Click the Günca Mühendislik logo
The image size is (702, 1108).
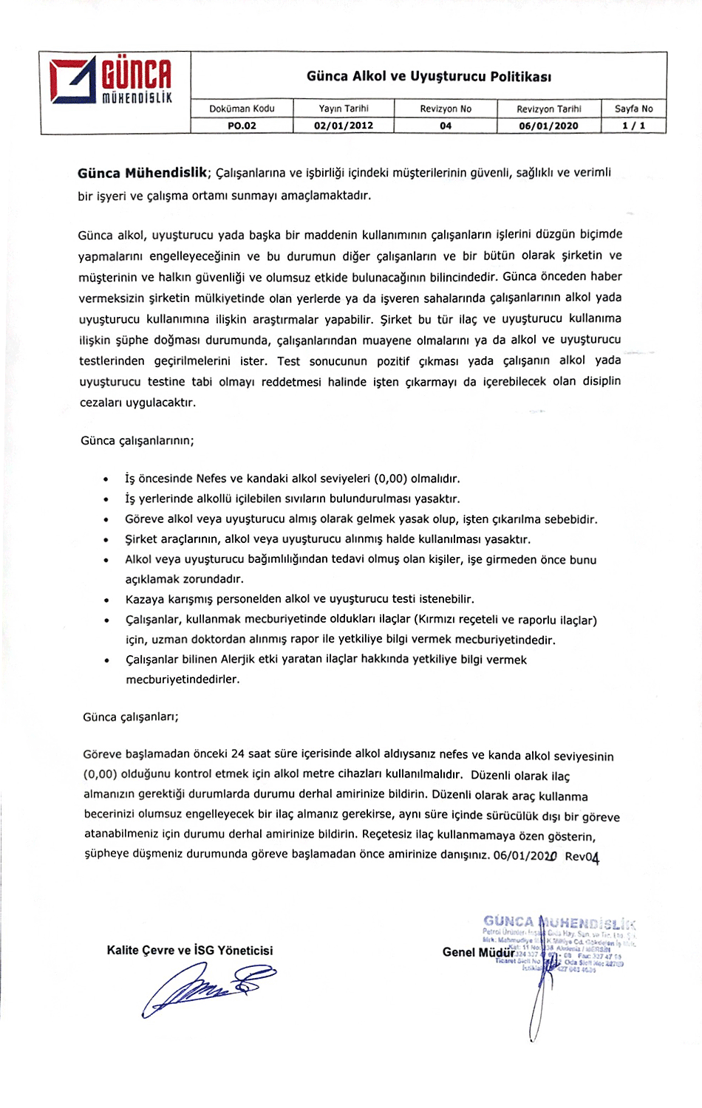[x=111, y=81]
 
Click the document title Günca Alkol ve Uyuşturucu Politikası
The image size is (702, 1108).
[x=429, y=76]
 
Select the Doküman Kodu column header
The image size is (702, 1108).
[x=242, y=109]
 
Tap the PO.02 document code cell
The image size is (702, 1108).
[x=242, y=126]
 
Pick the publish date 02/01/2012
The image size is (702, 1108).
[x=344, y=126]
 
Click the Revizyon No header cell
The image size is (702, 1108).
[x=446, y=109]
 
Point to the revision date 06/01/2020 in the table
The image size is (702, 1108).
[x=548, y=126]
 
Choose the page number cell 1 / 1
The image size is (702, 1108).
[x=633, y=126]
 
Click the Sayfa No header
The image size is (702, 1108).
[x=633, y=109]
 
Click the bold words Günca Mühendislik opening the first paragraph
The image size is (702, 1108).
[x=143, y=173]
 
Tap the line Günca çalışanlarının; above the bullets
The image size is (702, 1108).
[x=137, y=441]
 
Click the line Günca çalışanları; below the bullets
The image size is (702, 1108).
[x=131, y=717]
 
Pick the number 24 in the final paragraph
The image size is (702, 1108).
[x=237, y=754]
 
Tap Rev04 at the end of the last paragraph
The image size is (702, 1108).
[x=582, y=857]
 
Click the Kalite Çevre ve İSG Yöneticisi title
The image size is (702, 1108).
[x=190, y=951]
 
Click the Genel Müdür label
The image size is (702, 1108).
[x=478, y=952]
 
